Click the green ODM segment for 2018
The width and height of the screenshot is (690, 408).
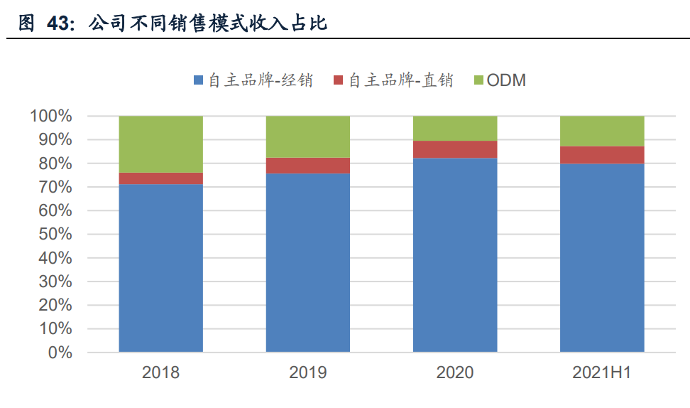click(160, 144)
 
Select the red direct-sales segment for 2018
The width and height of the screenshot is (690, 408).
click(160, 178)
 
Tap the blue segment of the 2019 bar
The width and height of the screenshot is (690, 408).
click(307, 262)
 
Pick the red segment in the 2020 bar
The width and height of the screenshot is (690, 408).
click(454, 149)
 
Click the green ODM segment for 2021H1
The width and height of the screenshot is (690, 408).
click(602, 131)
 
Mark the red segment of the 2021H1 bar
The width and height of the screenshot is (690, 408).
click(602, 155)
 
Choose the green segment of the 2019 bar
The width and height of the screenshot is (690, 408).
click(307, 136)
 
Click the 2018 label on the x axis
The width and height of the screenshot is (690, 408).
click(160, 372)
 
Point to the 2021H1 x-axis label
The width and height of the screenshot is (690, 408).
click(602, 372)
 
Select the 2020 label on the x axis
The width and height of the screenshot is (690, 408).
click(454, 372)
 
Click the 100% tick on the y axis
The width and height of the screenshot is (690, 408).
click(51, 116)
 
